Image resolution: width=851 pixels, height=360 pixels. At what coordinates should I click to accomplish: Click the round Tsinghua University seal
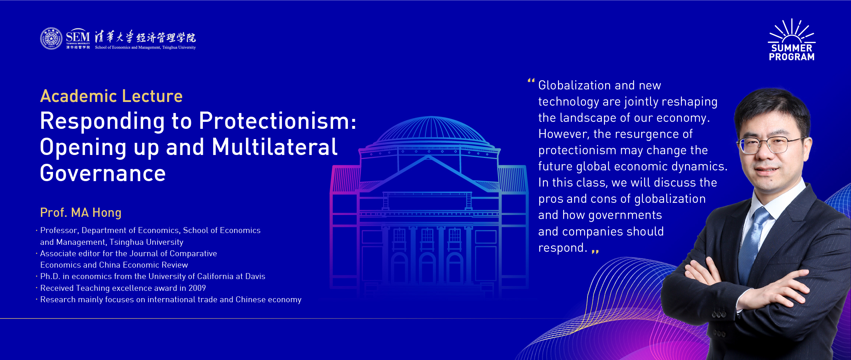click(x=52, y=38)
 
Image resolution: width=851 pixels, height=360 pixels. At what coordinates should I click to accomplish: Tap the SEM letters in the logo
click(x=78, y=37)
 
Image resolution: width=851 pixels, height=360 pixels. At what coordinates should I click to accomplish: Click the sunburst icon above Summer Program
click(x=792, y=31)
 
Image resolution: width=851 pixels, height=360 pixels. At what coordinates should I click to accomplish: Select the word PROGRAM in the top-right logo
click(x=792, y=57)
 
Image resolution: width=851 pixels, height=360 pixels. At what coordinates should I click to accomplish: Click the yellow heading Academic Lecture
click(x=112, y=96)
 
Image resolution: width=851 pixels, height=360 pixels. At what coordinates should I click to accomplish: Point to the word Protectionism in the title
click(x=278, y=121)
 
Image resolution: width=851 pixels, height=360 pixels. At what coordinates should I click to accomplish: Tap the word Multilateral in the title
click(x=275, y=147)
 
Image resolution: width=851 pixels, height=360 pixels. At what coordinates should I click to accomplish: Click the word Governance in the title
click(x=103, y=173)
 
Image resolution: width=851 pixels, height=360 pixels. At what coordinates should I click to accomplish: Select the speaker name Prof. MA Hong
click(x=81, y=213)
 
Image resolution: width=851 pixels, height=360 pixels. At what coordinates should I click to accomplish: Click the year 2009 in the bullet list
click(x=197, y=288)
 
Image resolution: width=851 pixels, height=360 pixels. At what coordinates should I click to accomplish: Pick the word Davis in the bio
click(x=255, y=276)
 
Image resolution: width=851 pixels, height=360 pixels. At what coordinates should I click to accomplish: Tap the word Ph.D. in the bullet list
click(x=50, y=276)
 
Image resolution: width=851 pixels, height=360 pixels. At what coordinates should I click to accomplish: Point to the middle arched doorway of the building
click(x=427, y=267)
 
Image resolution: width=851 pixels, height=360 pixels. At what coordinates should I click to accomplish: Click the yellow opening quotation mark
click(x=531, y=80)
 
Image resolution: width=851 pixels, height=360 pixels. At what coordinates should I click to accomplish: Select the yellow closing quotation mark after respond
click(x=595, y=252)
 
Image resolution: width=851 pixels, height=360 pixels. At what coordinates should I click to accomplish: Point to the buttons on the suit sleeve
click(x=719, y=315)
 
